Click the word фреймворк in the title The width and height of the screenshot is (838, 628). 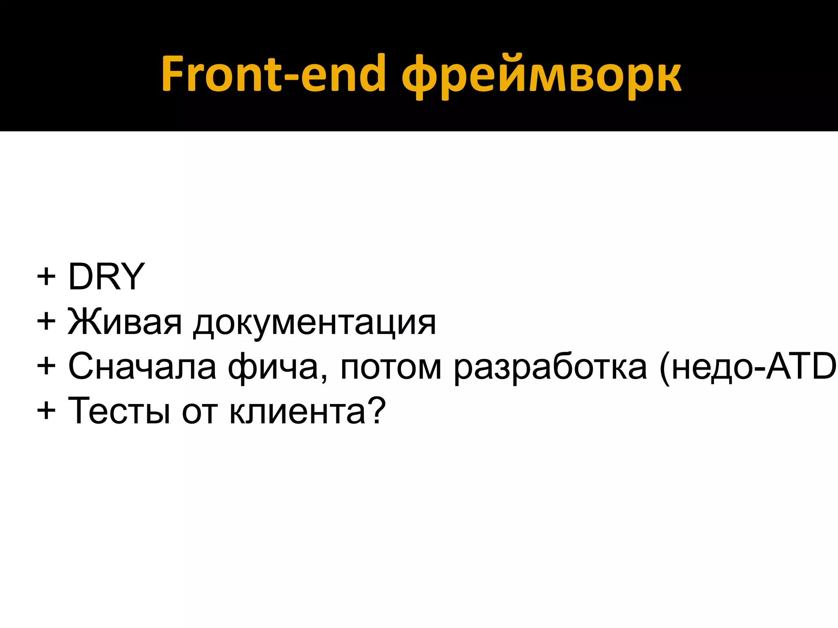tap(542, 76)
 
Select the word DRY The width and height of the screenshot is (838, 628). tap(106, 277)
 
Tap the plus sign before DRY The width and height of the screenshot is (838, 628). tap(46, 277)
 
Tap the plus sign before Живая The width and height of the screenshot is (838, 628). tap(46, 322)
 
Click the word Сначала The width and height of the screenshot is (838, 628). tap(142, 367)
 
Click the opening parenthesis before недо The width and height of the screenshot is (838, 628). tap(665, 368)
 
